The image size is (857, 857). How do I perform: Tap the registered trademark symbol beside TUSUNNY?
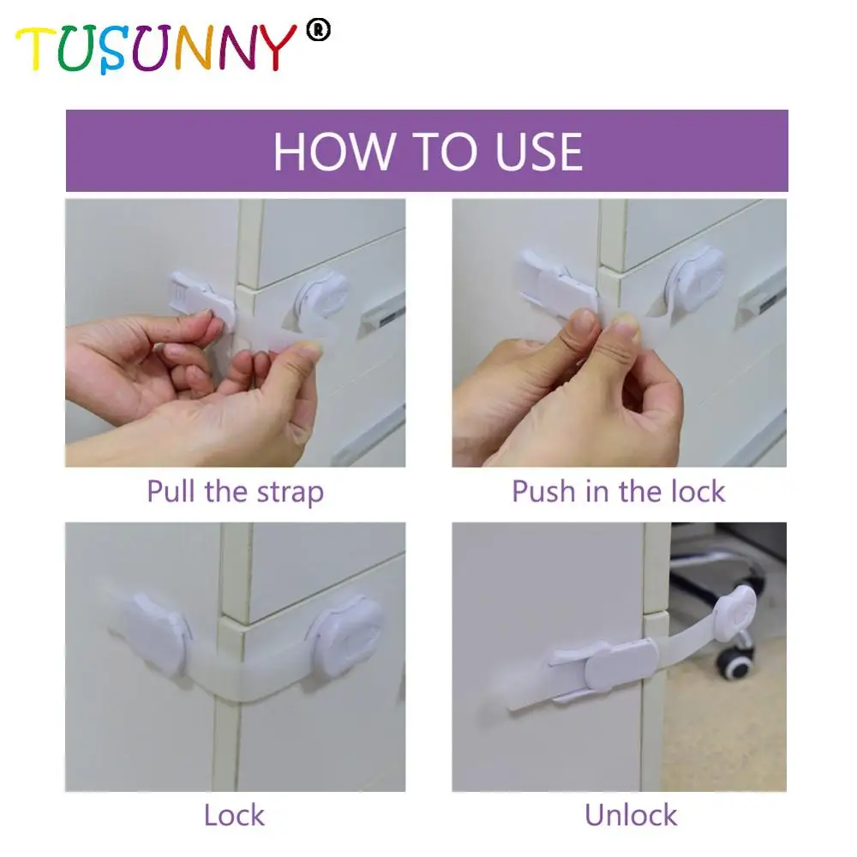pyautogui.click(x=320, y=32)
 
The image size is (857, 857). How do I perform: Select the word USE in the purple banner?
pyautogui.click(x=538, y=151)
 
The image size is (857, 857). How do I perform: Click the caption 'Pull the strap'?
pyautogui.click(x=235, y=492)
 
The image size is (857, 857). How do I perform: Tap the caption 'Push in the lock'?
pyautogui.click(x=618, y=492)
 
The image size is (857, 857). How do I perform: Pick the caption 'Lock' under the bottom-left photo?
pyautogui.click(x=234, y=814)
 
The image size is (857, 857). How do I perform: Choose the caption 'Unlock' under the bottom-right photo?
pyautogui.click(x=631, y=814)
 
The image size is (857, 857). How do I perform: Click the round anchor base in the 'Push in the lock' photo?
pyautogui.click(x=697, y=276)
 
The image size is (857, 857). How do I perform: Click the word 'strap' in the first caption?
pyautogui.click(x=291, y=493)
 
